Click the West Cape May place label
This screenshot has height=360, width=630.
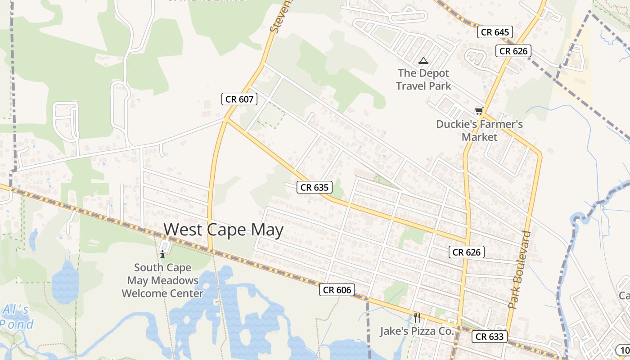pos(223,230)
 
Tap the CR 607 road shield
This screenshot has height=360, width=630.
pos(239,99)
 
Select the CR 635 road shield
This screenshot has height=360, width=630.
pos(315,187)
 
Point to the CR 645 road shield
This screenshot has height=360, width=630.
pos(495,32)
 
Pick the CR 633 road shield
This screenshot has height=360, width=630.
pos(490,336)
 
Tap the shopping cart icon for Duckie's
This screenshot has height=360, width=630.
pos(479,111)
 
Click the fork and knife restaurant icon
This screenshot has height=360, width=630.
pos(417,318)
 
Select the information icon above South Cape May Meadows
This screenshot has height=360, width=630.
pos(162,255)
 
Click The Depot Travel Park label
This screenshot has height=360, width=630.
pos(423,79)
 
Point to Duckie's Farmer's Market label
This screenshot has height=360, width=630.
pos(479,130)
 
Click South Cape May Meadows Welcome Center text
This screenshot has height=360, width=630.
pos(162,280)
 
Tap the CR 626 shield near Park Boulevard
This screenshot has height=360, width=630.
pos(467,252)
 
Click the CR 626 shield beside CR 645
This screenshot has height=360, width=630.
pos(513,51)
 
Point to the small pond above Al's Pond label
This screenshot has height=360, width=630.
pos(65,281)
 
